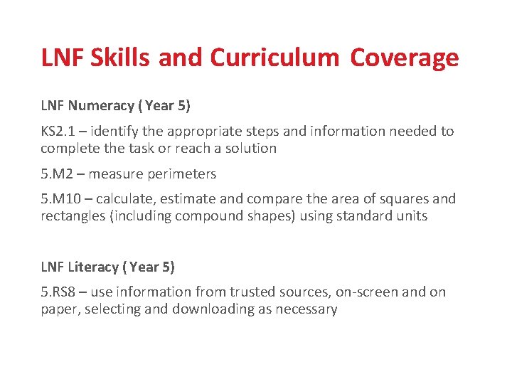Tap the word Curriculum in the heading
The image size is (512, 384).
click(274, 58)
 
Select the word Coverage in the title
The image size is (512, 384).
click(404, 58)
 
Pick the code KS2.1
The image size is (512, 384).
click(59, 132)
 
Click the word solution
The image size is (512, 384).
click(250, 149)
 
